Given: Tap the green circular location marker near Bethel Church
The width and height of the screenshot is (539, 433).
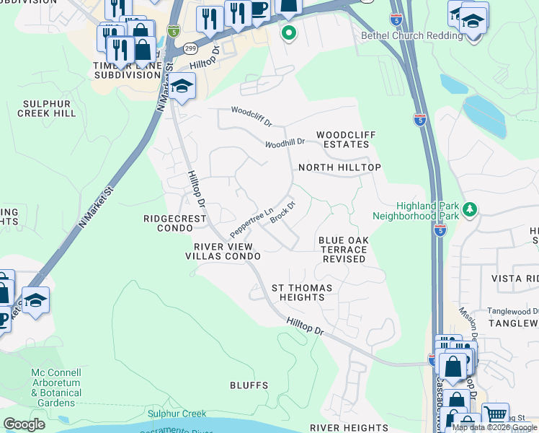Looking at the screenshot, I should pos(288,32).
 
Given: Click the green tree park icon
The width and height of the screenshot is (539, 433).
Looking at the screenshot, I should pos(470,209).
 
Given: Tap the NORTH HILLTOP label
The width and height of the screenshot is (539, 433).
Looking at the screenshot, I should pos(339,167).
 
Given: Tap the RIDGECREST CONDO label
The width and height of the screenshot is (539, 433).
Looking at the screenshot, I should pos(175,222).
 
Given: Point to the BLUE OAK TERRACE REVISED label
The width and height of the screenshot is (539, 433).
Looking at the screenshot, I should pos(343,250).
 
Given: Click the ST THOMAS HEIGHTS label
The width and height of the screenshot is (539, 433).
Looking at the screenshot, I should pos(302,293).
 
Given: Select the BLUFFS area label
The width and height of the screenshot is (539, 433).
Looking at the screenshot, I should pos(249,386).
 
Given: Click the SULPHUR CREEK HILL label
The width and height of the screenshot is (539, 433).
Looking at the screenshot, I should pos(49,109).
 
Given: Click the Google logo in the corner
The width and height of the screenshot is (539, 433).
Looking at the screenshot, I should pos(24,424).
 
